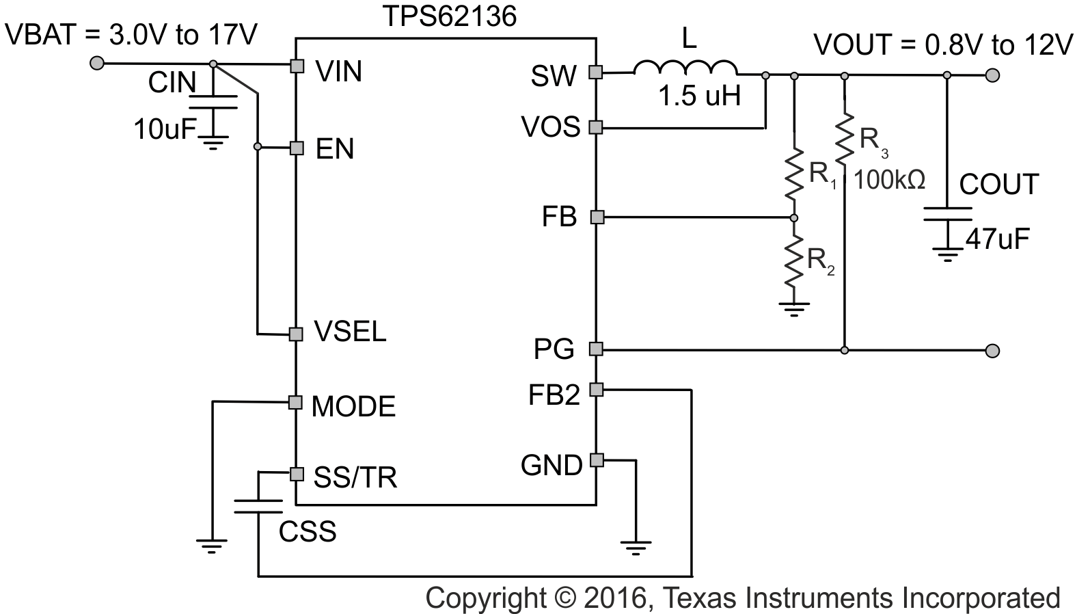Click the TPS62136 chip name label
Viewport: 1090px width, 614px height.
coord(448,16)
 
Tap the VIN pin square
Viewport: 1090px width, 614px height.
coord(297,66)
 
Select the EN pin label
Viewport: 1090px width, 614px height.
coord(335,149)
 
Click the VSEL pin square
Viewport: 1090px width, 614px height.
coord(296,334)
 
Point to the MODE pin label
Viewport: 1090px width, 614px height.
coord(353,407)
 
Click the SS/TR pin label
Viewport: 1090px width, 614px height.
coord(355,477)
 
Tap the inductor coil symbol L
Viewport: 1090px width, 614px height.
coord(685,68)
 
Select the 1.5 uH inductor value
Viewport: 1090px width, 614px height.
coord(699,96)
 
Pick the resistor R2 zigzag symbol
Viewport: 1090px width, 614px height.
coord(793,261)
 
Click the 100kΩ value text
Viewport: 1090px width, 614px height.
coord(890,181)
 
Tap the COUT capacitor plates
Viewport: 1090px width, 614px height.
coord(947,214)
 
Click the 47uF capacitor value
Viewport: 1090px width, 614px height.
coord(997,239)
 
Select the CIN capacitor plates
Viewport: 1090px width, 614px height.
coord(213,103)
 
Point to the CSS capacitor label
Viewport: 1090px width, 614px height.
coord(308,531)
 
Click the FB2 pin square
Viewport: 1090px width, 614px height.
coord(596,390)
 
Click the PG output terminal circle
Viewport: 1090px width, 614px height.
coord(993,351)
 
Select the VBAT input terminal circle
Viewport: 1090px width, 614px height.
coord(98,64)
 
